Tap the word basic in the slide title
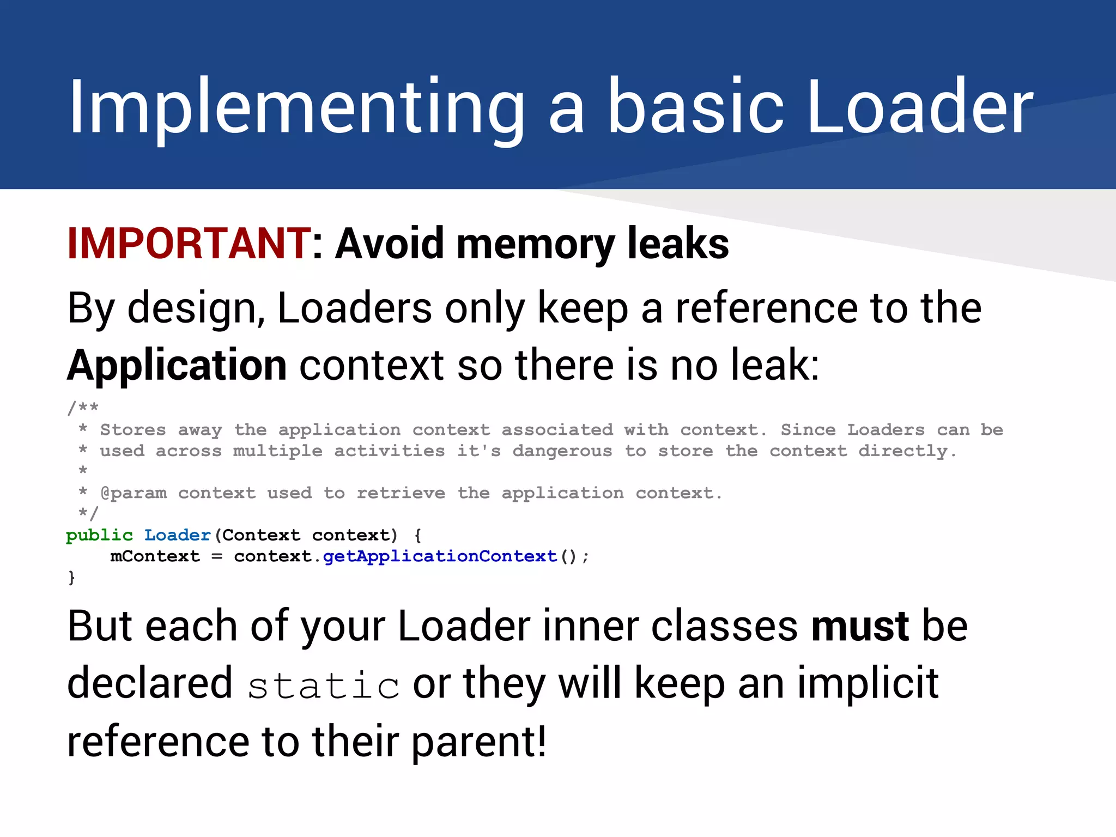695,107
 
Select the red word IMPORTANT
189,244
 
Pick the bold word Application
177,365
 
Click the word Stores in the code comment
133,430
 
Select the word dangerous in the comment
562,451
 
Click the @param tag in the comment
134,494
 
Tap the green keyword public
99,536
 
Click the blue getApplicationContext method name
440,556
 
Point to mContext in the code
155,556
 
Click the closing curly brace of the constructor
71,578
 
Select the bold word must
859,626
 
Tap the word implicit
868,683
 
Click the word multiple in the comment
278,451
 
